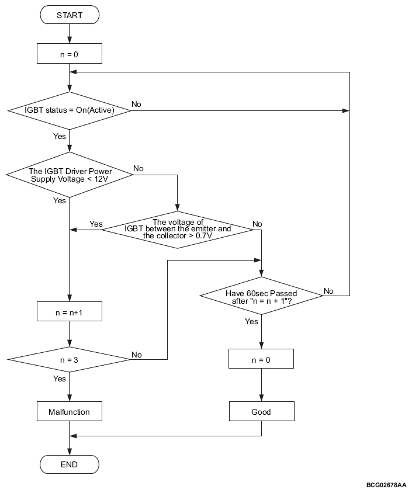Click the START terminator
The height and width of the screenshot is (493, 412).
pos(70,15)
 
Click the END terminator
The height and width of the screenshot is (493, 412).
pos(69,464)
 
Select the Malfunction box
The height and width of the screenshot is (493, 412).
pos(70,411)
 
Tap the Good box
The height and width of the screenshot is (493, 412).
pos(262,411)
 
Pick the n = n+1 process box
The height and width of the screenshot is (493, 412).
pos(70,311)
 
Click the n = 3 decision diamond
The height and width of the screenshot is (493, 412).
pos(69,359)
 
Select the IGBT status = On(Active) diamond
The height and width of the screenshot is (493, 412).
pos(69,110)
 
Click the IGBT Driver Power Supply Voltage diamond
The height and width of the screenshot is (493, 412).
pos(70,175)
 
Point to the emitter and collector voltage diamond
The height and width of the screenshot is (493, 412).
pos(178,230)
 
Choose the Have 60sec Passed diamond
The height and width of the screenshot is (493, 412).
pos(261,296)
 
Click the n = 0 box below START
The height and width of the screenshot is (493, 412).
pos(70,54)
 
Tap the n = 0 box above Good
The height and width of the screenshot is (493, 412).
pos(261,359)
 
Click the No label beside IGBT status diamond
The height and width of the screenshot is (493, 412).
pos(136,104)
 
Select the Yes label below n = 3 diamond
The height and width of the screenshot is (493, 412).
pos(60,379)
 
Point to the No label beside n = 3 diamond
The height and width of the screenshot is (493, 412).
pos(137,355)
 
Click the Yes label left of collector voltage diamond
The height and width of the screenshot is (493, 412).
pos(96,224)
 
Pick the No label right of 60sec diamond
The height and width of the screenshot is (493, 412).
pos(328,291)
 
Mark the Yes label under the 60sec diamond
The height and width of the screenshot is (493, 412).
pos(251,321)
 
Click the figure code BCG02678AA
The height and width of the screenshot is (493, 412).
pos(386,485)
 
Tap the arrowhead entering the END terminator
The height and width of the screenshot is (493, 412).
pos(69,452)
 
